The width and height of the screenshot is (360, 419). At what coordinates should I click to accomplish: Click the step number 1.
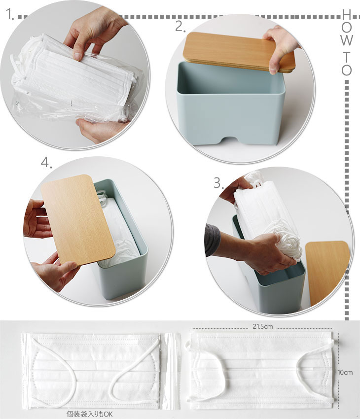pos(10,14)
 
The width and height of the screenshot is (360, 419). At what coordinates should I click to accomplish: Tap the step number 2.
pos(180,27)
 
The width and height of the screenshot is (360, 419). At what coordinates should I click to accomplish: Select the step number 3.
pos(218,183)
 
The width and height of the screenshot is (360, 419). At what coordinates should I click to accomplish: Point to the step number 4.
pos(46,163)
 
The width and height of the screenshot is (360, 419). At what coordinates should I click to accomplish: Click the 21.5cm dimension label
pos(263,326)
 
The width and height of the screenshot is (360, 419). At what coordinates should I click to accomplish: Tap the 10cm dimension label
pos(345,372)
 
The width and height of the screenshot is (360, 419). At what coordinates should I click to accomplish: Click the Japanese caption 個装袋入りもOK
pos(90,414)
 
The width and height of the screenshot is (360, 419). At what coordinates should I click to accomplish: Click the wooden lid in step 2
pos(239,52)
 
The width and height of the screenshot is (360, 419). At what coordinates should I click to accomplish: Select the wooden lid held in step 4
pos(78,220)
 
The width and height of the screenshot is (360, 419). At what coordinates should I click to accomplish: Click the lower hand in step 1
pos(102,131)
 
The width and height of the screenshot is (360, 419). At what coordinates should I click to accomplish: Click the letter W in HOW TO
pos(346,40)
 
